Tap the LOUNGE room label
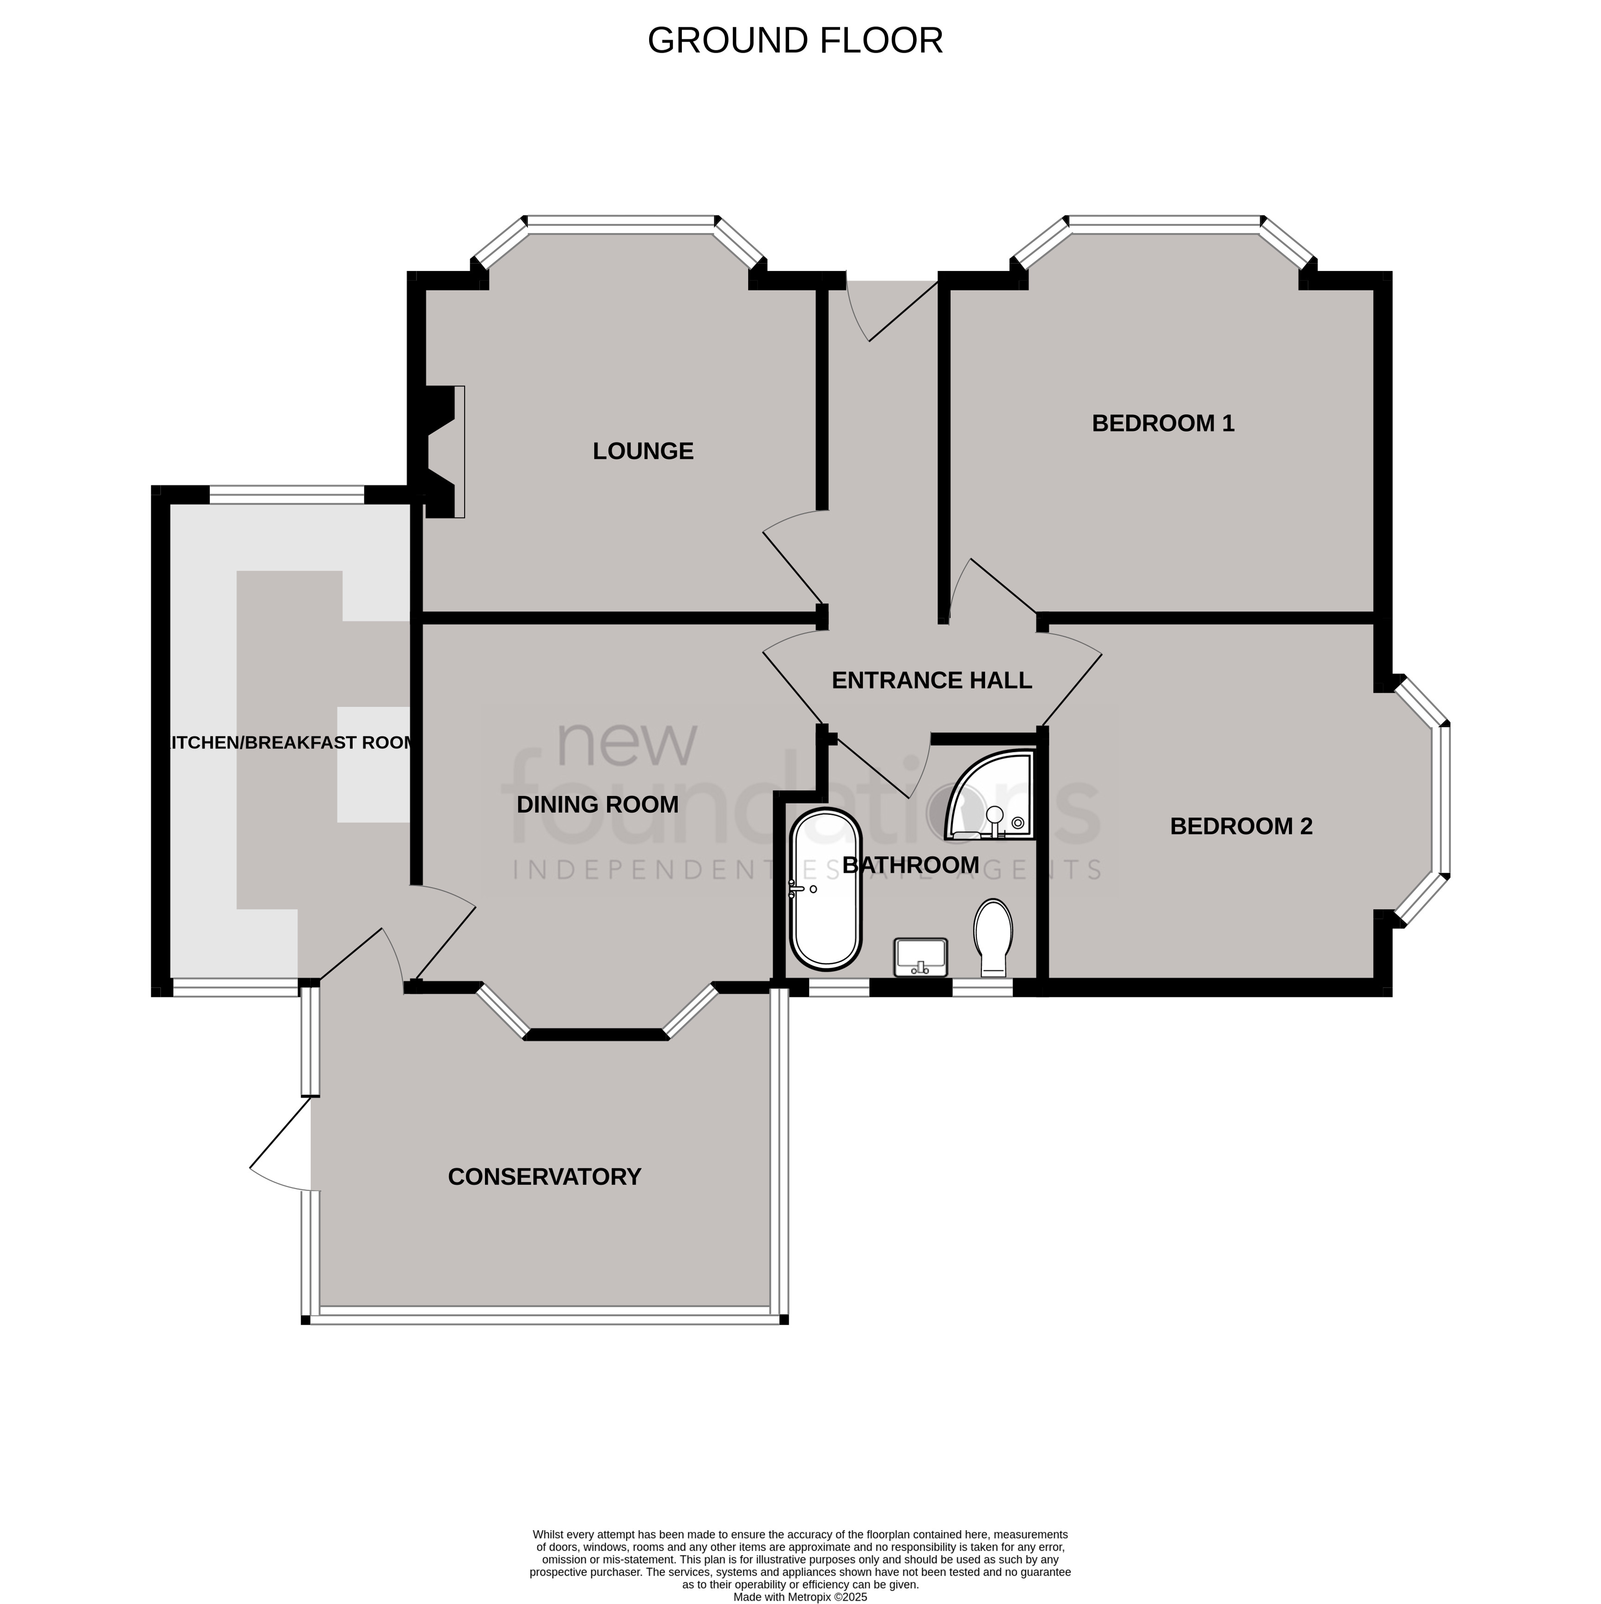pyautogui.click(x=643, y=451)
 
